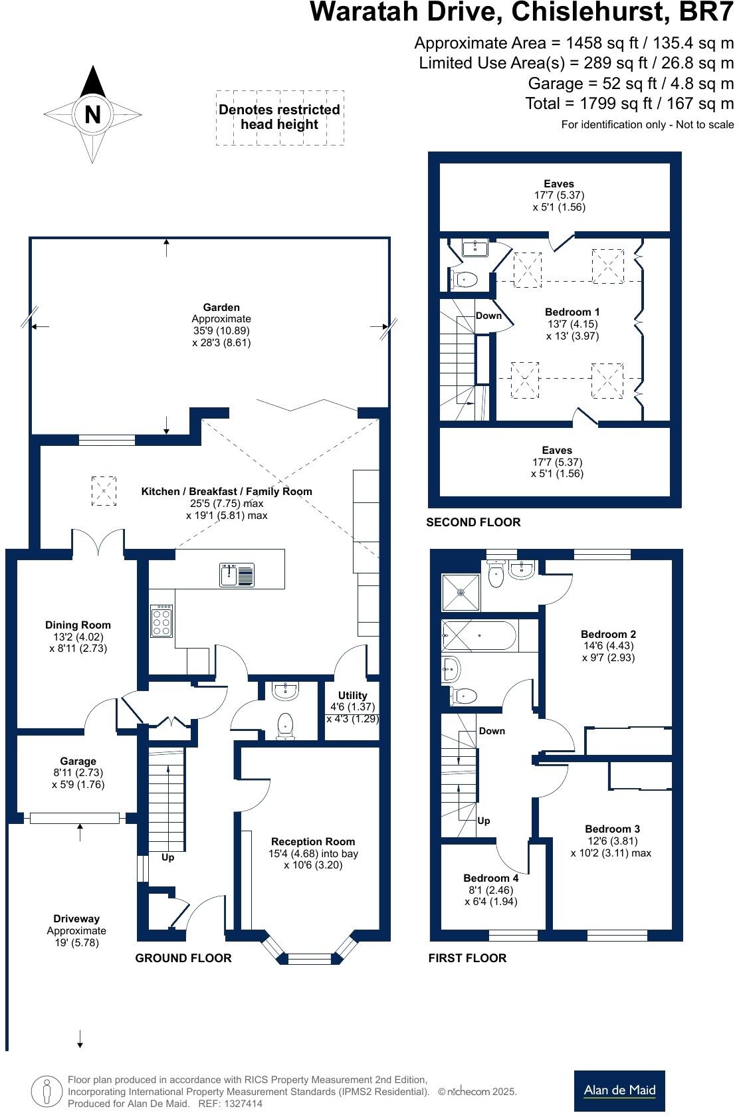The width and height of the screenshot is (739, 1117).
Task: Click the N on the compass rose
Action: (92, 114)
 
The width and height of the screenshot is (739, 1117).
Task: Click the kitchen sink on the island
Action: (237, 575)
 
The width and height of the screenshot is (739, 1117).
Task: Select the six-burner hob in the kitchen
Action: (162, 621)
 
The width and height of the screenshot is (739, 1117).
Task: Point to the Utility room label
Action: (352, 695)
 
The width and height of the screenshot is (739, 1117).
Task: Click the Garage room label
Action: (78, 762)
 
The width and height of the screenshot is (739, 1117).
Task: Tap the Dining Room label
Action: (78, 625)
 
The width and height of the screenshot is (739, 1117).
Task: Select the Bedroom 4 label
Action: (490, 878)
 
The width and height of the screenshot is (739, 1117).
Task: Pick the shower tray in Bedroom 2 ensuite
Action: (461, 593)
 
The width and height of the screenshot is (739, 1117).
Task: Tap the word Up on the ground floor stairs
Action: (167, 857)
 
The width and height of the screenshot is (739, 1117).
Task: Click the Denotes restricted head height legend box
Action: (280, 118)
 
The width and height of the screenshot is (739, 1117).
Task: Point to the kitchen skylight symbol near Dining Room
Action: (104, 490)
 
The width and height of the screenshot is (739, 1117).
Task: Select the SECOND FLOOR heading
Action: (473, 522)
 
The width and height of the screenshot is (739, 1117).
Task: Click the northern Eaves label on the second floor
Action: (558, 184)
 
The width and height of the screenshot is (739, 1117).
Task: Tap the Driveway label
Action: (76, 919)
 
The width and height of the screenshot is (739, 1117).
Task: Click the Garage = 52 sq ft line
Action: (630, 84)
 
